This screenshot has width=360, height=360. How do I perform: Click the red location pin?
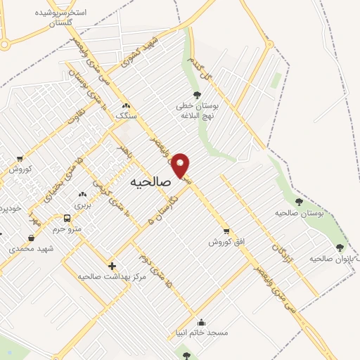181,165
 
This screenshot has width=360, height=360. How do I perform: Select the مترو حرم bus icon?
67,218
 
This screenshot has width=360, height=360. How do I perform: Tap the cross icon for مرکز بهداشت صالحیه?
111,265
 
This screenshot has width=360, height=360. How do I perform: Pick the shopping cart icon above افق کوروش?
226,230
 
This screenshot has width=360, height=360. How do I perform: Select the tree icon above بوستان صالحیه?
299,202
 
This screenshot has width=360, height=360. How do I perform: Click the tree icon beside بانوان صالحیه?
340,247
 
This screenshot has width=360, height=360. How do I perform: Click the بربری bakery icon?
83,193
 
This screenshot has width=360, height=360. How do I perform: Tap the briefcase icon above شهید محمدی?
31,238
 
